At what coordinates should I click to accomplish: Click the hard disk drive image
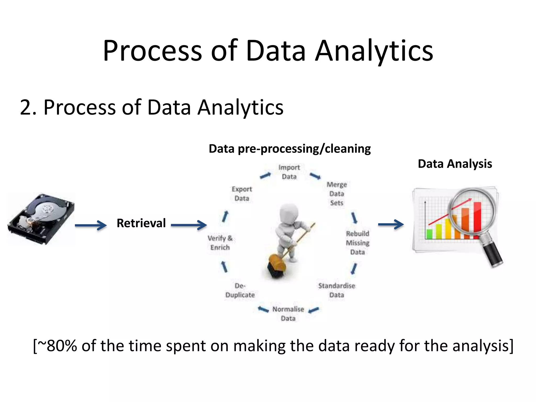tap(41, 219)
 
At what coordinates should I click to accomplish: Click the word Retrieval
tap(141, 223)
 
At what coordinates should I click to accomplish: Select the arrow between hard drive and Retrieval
tap(91, 225)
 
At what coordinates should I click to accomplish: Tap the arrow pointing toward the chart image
tap(391, 224)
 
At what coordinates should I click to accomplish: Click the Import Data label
tap(289, 172)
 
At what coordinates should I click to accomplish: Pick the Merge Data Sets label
tap(337, 194)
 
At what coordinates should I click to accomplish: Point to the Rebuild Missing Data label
tap(358, 243)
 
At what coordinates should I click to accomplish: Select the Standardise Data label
tap(337, 290)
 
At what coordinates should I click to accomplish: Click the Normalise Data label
tap(288, 314)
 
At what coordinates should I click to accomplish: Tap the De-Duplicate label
tap(240, 290)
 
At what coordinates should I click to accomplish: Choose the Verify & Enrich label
tap(220, 243)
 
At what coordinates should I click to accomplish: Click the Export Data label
tap(242, 194)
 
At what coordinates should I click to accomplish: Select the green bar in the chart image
tap(429, 234)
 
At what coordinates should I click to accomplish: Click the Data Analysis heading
tap(455, 164)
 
